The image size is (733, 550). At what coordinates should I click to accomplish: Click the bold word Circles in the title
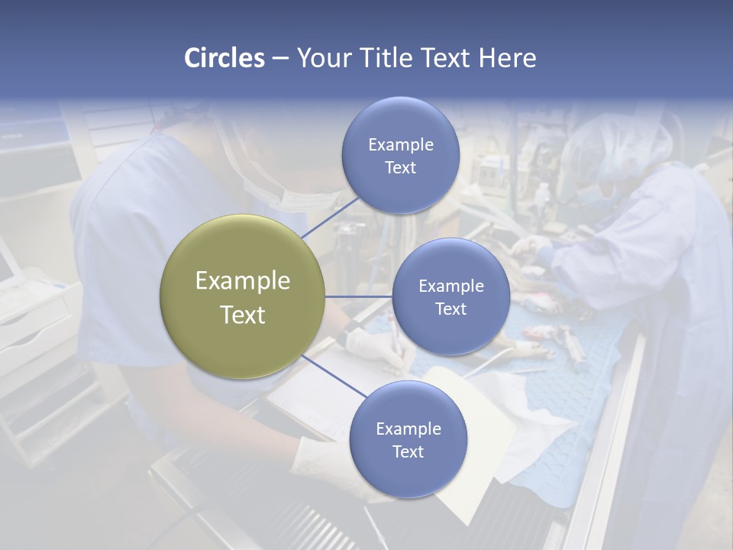click(224, 58)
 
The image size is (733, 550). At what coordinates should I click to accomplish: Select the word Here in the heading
click(507, 58)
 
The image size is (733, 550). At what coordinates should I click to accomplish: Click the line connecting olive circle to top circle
click(330, 218)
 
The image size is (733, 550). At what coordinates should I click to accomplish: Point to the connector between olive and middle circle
click(359, 296)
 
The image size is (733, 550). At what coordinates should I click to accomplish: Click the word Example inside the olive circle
click(243, 281)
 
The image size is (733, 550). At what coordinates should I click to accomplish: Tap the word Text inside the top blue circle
click(401, 168)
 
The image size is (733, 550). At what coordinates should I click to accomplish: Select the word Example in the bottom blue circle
click(408, 429)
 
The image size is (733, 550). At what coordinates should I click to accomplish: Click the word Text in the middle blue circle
click(450, 309)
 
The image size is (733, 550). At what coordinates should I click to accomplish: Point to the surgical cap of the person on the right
click(622, 145)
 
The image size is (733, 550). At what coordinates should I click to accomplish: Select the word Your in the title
click(322, 58)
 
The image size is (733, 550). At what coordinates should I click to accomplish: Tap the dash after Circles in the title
click(280, 58)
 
